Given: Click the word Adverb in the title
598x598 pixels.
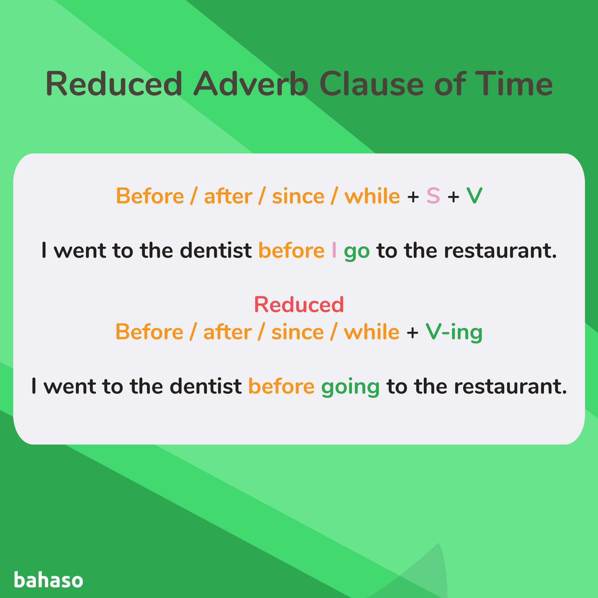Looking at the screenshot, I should click(x=251, y=84).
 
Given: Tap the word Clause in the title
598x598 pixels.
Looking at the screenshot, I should click(x=371, y=84).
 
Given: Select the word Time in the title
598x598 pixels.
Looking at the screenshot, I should click(x=513, y=84).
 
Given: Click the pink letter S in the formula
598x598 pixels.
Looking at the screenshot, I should click(x=433, y=196).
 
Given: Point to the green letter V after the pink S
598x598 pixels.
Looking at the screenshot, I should click(x=474, y=196).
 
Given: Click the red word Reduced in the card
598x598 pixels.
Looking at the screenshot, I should click(x=299, y=305).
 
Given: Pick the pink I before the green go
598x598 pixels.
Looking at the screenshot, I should click(x=334, y=250).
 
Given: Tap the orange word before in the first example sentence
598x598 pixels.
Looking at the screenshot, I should click(x=291, y=250).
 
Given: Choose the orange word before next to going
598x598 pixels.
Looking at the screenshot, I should click(x=281, y=387).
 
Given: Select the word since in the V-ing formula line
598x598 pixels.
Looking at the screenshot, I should click(x=298, y=332).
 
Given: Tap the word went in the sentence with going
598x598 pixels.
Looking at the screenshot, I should click(x=70, y=387).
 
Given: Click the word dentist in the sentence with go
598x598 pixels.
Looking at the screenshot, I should click(x=216, y=250).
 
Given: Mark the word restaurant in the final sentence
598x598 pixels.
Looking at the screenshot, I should click(x=510, y=387).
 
